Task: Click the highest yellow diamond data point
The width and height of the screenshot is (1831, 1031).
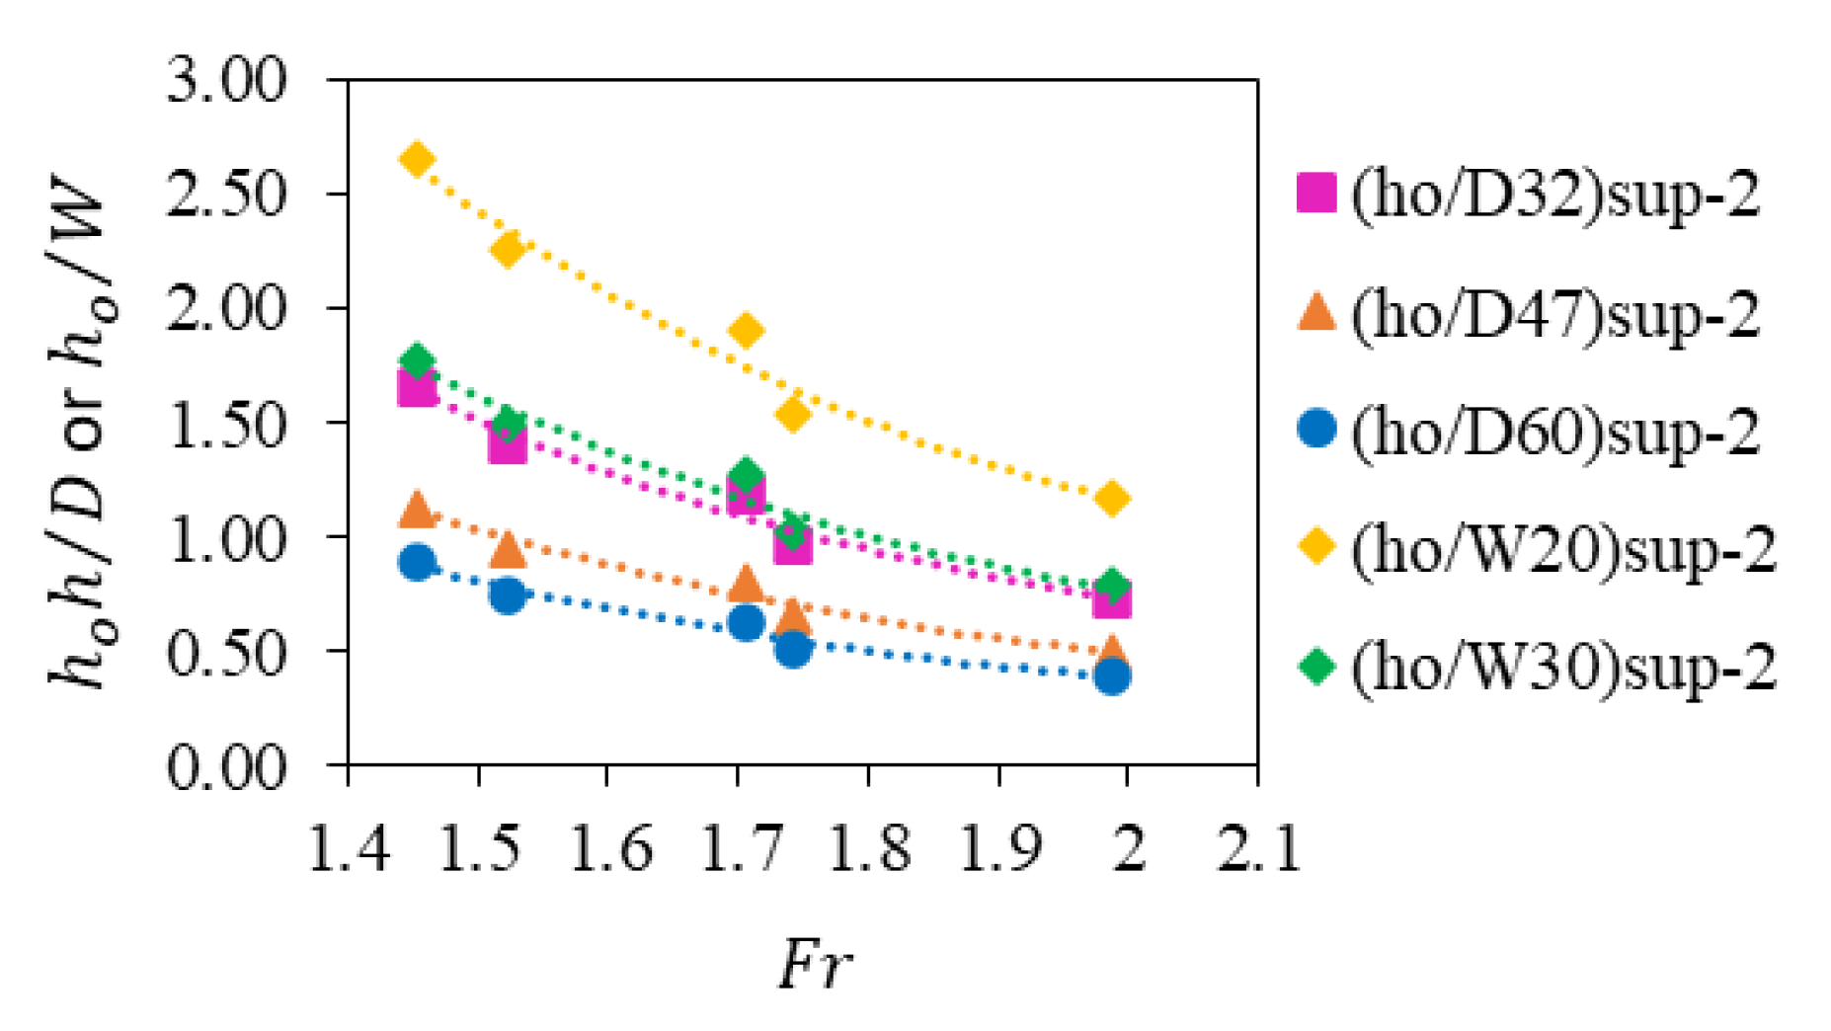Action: tap(417, 159)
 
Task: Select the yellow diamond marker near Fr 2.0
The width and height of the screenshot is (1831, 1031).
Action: tap(1112, 499)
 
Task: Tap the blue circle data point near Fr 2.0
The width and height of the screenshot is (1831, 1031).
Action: tap(1112, 676)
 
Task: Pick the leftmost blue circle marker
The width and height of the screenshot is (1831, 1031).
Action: tap(417, 563)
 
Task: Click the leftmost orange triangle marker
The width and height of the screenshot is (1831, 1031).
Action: tap(417, 510)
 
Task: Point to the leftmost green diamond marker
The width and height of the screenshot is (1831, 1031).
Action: tap(417, 361)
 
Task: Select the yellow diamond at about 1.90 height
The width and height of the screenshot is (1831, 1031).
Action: tap(747, 330)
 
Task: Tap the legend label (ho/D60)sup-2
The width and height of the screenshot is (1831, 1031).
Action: tap(1554, 433)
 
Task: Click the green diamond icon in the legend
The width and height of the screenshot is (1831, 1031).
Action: tap(1316, 665)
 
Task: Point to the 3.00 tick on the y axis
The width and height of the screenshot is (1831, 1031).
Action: tap(226, 80)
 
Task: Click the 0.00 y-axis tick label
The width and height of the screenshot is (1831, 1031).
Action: tap(226, 766)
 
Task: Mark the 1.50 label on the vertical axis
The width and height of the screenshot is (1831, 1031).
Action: tap(226, 424)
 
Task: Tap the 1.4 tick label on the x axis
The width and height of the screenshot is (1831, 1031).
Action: tap(349, 847)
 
